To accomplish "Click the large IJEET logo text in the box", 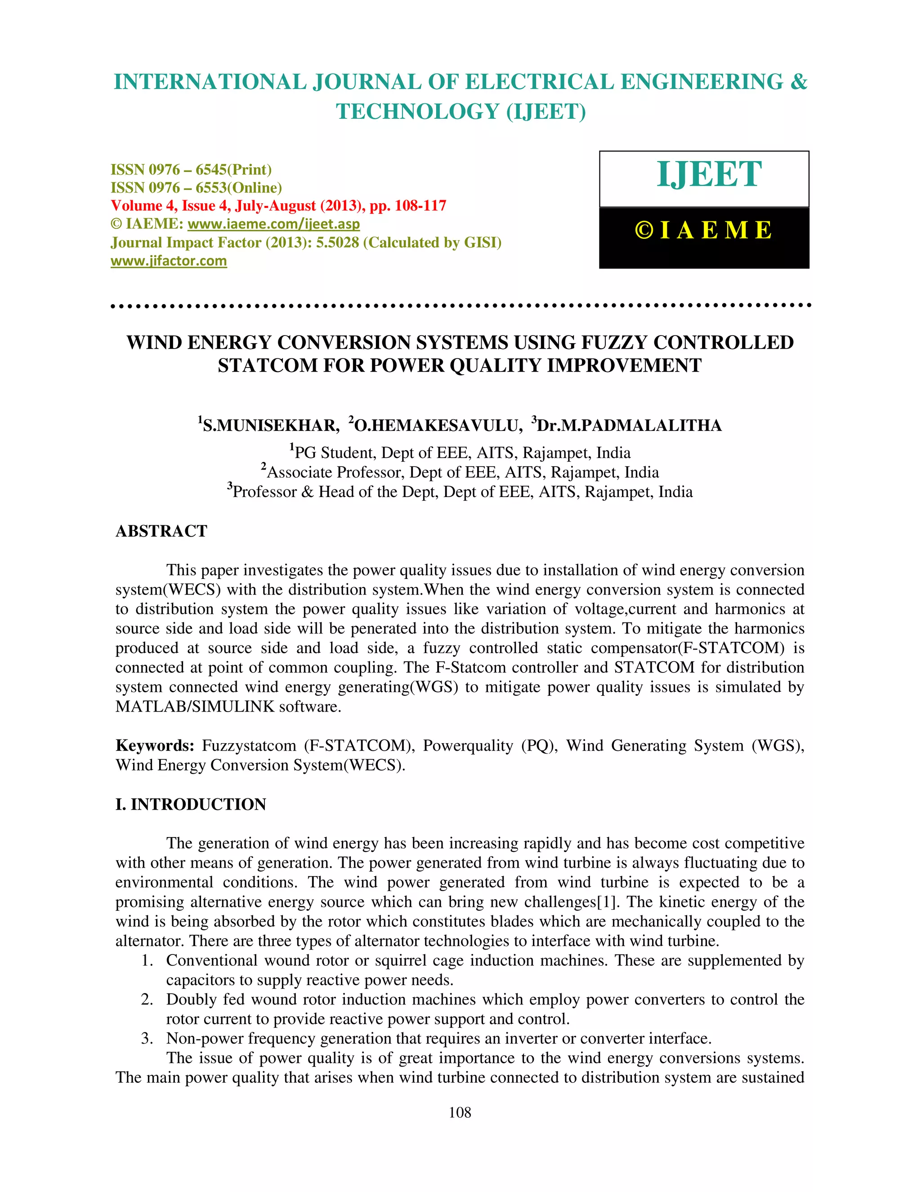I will point(709,175).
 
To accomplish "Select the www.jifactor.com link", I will point(169,261).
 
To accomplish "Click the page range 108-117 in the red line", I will point(420,206).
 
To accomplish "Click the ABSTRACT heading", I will point(161,531).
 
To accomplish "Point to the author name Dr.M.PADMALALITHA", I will point(629,426).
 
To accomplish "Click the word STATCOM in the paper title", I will point(268,366).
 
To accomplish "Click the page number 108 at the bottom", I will point(460,1113).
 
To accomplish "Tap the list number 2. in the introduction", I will point(147,1000).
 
